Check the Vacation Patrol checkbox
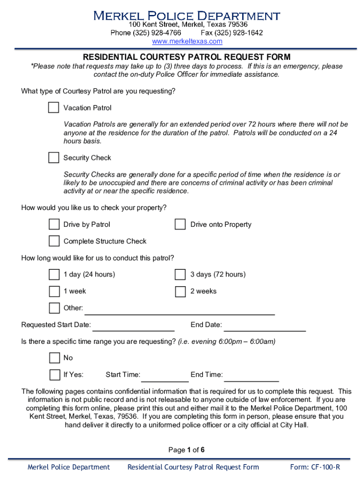click(x=54, y=108)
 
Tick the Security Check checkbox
click(x=54, y=158)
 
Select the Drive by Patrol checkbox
click(x=54, y=225)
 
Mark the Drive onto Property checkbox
click(x=180, y=225)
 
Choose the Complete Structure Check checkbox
click(x=54, y=241)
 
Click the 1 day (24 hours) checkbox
click(x=54, y=274)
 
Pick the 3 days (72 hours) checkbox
click(x=180, y=274)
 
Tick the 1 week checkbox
click(x=54, y=291)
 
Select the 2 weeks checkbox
click(x=180, y=291)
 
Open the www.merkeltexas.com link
click(x=187, y=42)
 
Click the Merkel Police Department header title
click(x=187, y=15)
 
